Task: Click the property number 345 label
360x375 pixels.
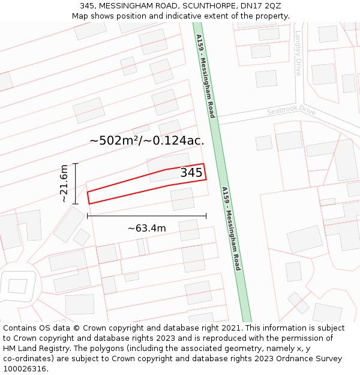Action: click(191, 173)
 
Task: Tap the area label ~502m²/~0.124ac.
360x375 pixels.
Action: click(147, 140)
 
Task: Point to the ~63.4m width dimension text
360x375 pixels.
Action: click(146, 228)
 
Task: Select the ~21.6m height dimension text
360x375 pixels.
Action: click(64, 184)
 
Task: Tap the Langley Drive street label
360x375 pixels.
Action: click(298, 53)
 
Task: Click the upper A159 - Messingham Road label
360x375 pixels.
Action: click(205, 76)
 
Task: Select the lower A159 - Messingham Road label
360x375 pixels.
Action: click(231, 229)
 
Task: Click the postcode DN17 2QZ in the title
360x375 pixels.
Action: click(263, 5)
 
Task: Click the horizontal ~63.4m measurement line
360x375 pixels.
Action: click(146, 215)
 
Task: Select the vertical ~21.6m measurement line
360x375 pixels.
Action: click(76, 184)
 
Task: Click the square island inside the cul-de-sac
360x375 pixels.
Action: click(18, 286)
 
